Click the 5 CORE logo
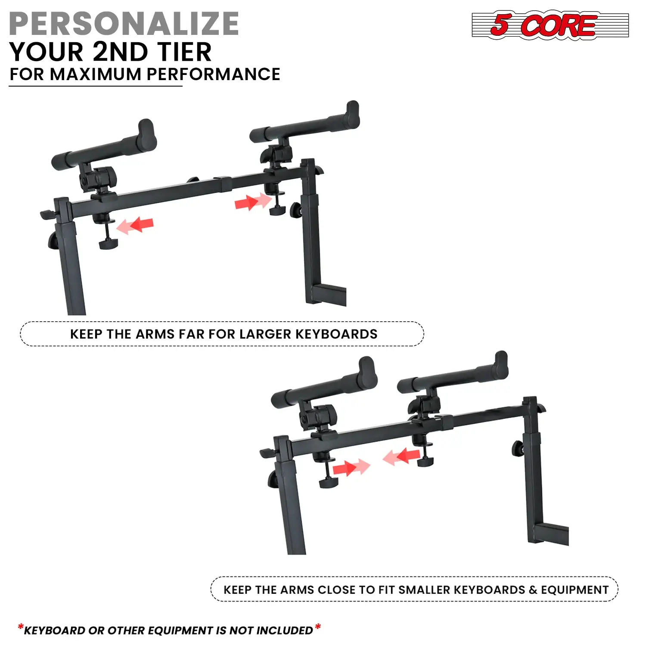pos(550,25)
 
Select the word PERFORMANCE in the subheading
pos(214,74)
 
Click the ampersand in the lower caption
pos(533,590)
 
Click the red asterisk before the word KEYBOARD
pos(21,627)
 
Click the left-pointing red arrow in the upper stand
pos(135,225)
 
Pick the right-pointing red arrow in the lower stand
pos(351,467)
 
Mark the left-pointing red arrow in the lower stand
pos(401,457)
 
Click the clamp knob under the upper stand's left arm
pos(108,244)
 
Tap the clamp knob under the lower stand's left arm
pos(329,482)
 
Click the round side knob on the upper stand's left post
pos(53,241)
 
